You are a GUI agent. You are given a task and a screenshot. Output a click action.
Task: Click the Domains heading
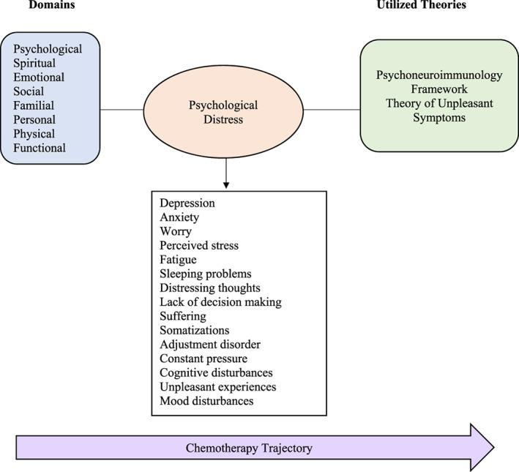(52, 4)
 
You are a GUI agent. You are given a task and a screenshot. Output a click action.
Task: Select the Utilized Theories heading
(422, 4)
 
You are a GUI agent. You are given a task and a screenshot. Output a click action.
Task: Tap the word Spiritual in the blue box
(34, 63)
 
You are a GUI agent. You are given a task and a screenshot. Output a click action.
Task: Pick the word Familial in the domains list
(34, 105)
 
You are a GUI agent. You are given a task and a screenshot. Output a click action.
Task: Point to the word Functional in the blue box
(40, 148)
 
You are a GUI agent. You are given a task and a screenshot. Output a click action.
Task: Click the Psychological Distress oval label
(223, 112)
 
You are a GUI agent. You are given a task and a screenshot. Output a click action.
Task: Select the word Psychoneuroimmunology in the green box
(439, 75)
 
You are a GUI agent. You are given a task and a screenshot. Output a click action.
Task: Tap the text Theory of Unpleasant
(439, 103)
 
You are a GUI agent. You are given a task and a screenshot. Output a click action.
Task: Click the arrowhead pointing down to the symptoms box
(226, 185)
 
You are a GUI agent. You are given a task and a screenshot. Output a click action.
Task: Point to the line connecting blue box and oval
(122, 110)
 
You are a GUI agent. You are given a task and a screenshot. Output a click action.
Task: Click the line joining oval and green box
(332, 110)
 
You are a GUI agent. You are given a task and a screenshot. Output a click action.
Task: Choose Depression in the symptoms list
(187, 203)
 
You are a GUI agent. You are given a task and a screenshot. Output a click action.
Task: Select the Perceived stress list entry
(199, 246)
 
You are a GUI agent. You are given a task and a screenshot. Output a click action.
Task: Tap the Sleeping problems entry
(206, 274)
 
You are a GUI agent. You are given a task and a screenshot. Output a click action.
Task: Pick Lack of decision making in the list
(221, 302)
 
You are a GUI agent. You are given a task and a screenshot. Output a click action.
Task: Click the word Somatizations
(195, 330)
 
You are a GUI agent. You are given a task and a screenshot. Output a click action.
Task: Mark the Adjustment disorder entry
(210, 345)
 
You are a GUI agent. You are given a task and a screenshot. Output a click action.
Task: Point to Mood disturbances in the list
(206, 401)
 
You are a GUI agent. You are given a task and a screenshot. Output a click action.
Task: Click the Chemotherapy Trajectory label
(249, 448)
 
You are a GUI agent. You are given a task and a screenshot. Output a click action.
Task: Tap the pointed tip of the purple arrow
(494, 448)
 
